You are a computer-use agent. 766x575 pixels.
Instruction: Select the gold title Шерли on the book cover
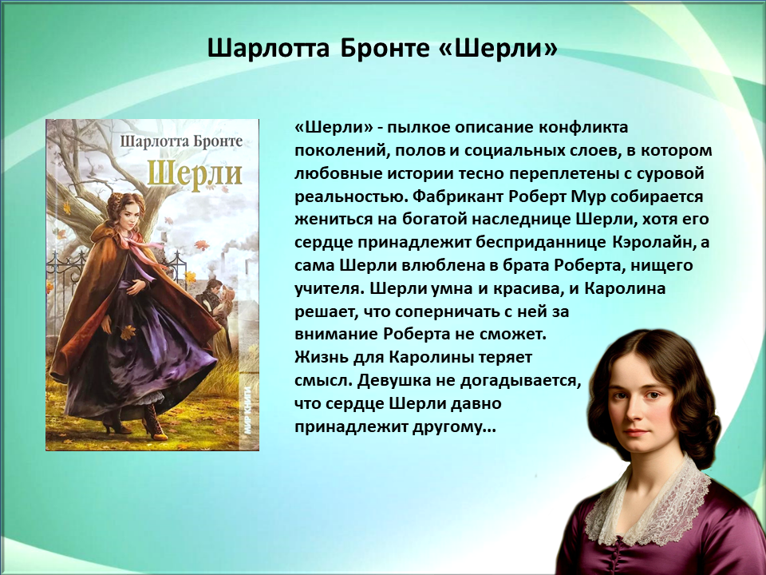click(x=195, y=172)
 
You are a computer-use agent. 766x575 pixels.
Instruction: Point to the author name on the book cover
click(x=181, y=142)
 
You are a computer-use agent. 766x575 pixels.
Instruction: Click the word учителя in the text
click(x=330, y=288)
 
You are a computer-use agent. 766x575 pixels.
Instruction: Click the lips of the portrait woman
click(x=635, y=433)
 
